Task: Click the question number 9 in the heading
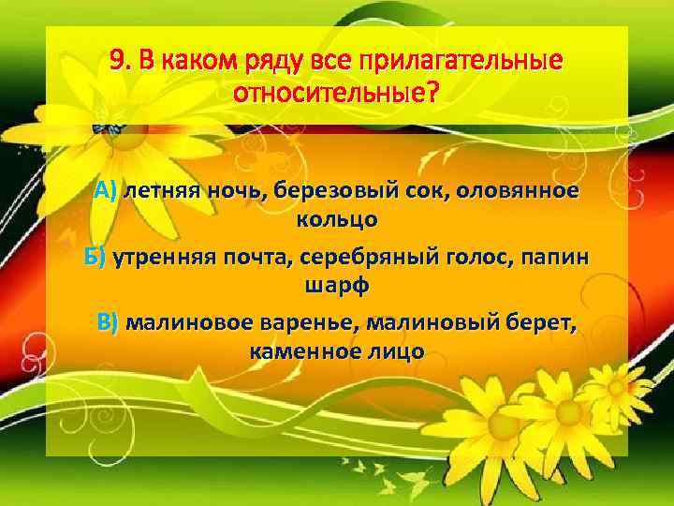tap(117, 61)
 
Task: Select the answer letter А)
tap(105, 191)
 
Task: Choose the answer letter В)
tap(109, 322)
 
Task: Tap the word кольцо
tap(336, 221)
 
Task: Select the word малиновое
tap(183, 322)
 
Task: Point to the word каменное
tap(304, 352)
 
